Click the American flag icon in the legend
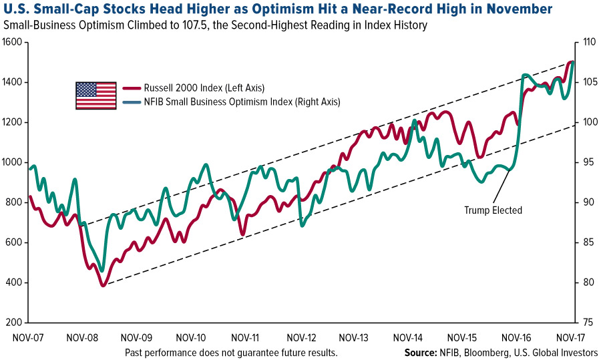pyautogui.click(x=96, y=96)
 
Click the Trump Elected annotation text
pyautogui.click(x=493, y=210)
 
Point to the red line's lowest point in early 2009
pyautogui.click(x=104, y=286)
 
